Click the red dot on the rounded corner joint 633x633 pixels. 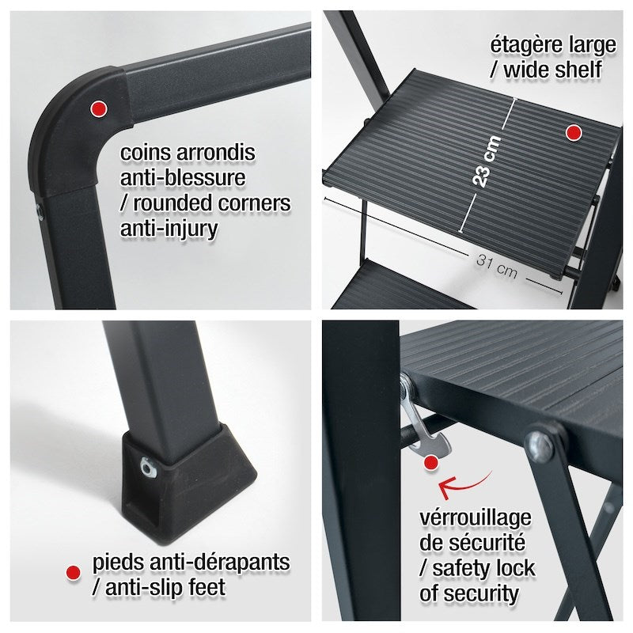click(98, 108)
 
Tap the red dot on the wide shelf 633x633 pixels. click(573, 132)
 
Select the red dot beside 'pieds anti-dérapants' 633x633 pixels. click(73, 572)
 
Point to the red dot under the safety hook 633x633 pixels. click(431, 463)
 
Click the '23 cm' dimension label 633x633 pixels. click(487, 161)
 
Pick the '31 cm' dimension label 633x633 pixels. click(497, 266)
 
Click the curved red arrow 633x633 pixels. click(464, 483)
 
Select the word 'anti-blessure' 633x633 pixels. click(183, 177)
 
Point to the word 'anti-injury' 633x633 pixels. click(169, 229)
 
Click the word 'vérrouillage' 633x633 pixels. click(476, 518)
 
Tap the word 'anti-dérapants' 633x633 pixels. click(220, 562)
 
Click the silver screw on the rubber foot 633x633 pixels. click(149, 468)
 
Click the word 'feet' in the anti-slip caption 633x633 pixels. click(207, 587)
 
